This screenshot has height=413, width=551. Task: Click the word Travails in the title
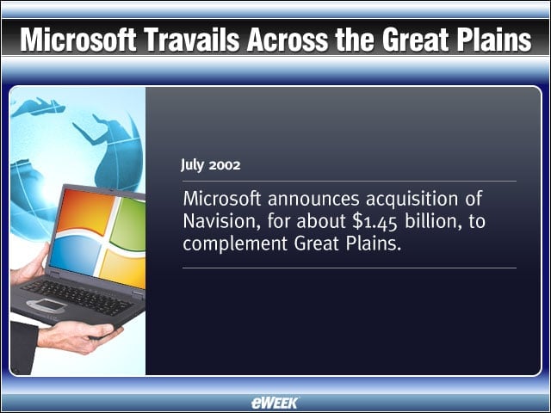pyautogui.click(x=192, y=39)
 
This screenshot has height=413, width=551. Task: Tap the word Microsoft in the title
pyautogui.click(x=78, y=39)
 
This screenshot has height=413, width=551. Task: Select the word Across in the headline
pyautogui.click(x=287, y=39)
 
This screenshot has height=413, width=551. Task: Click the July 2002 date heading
pyautogui.click(x=210, y=164)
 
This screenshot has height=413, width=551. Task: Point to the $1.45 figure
pyautogui.click(x=375, y=222)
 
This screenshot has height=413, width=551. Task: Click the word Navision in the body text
pyautogui.click(x=221, y=221)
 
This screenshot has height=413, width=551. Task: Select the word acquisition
pyautogui.click(x=412, y=199)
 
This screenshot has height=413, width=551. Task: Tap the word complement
pyautogui.click(x=235, y=243)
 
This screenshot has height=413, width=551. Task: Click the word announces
pyautogui.click(x=313, y=199)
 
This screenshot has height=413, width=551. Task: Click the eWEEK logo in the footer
pyautogui.click(x=275, y=403)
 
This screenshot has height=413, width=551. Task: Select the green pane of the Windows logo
pyautogui.click(x=128, y=224)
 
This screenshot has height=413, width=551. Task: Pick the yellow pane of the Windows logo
pyautogui.click(x=123, y=268)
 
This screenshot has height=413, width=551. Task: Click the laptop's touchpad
pyautogui.click(x=47, y=305)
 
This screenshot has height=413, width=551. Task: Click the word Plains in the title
pyautogui.click(x=492, y=39)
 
